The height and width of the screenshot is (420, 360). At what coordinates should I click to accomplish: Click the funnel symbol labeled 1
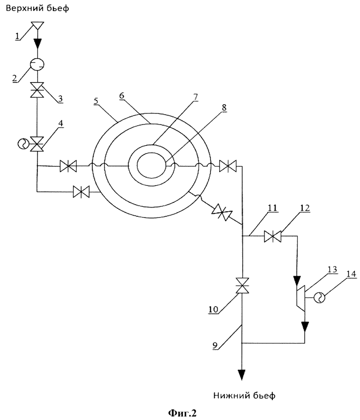tap(37, 25)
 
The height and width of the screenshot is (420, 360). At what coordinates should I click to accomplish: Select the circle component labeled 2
tap(37, 64)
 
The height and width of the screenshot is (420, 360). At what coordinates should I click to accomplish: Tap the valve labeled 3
tap(37, 90)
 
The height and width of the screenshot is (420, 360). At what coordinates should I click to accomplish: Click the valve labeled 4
tap(37, 144)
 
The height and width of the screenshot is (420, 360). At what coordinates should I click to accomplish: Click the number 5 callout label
tap(96, 101)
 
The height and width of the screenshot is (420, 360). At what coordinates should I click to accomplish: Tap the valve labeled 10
tap(242, 285)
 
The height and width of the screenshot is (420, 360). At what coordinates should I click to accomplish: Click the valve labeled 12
tap(273, 237)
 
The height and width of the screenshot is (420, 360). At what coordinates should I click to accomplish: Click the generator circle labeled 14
tap(320, 297)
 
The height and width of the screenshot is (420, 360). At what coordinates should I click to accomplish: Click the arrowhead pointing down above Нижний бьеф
tap(242, 375)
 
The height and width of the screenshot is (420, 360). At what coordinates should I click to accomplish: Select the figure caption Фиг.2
tap(182, 413)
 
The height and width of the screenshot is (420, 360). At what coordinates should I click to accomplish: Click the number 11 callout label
tap(272, 208)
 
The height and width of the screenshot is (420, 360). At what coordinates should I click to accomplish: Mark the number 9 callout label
tap(215, 345)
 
